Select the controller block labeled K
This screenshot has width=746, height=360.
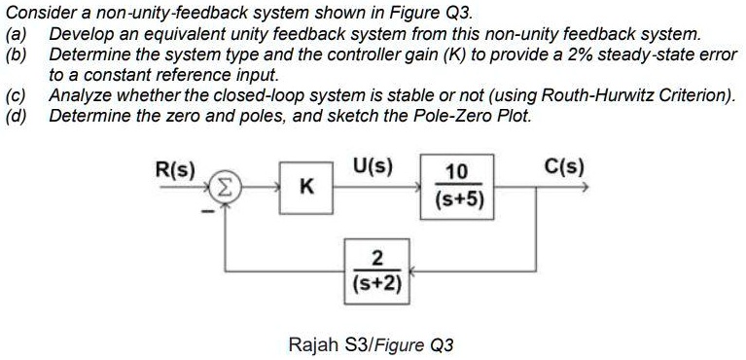305,188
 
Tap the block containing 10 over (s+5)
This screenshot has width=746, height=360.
456,188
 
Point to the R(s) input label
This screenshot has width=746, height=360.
176,167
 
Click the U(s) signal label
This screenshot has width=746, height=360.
373,165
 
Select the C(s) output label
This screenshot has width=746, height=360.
565,166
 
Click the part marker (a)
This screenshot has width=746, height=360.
16,34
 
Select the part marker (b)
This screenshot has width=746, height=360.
16,54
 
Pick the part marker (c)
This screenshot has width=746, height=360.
16,94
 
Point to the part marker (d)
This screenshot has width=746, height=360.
16,115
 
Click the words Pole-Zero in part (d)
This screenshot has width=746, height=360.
455,115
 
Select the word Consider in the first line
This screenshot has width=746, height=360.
34,13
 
